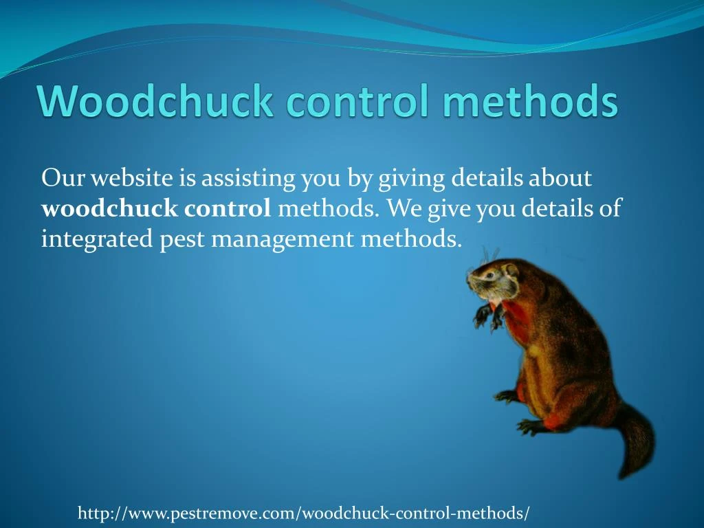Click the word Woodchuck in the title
[x=156, y=102]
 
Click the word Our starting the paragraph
[x=63, y=178]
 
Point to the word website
[x=133, y=178]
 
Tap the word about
[x=561, y=178]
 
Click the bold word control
[x=228, y=208]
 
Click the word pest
[x=180, y=239]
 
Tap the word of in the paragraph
[x=609, y=208]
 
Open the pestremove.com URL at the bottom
[x=304, y=513]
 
